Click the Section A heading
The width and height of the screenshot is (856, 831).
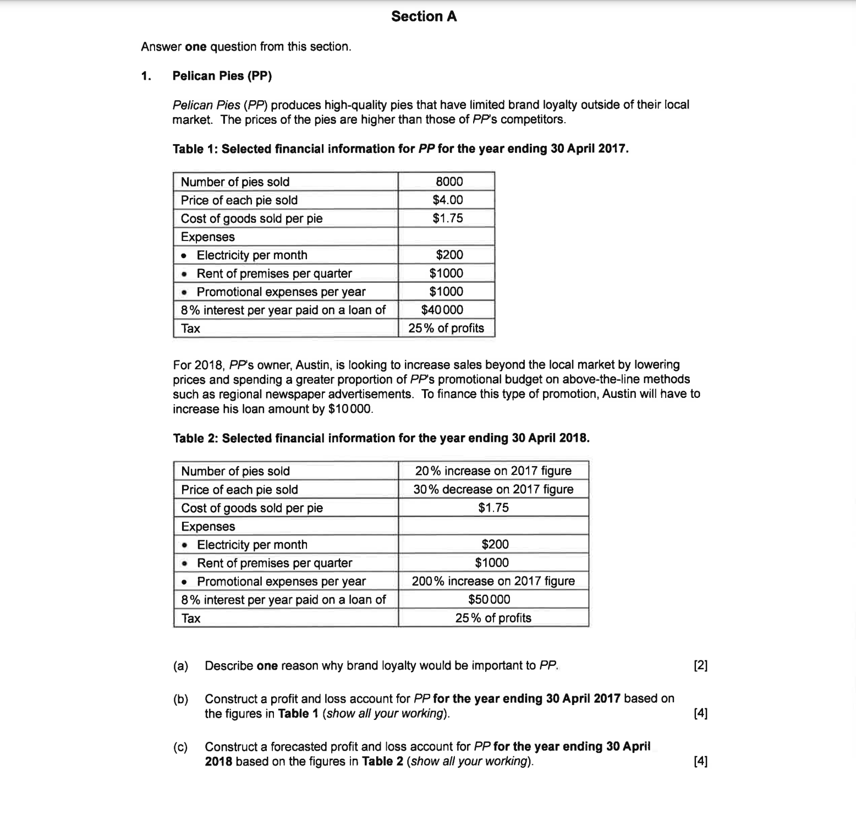coord(424,17)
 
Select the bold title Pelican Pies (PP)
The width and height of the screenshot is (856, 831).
coord(222,76)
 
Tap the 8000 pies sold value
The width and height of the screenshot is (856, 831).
coord(449,182)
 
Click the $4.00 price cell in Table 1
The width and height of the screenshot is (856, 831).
coord(448,200)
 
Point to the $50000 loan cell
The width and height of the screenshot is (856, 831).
coord(489,599)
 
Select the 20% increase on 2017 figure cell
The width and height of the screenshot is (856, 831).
coord(493,471)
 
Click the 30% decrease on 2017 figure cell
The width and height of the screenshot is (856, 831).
coord(493,489)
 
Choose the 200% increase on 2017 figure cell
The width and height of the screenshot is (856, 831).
coord(493,581)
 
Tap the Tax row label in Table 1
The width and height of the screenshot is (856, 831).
coord(191,329)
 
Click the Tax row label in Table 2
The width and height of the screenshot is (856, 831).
coord(191,618)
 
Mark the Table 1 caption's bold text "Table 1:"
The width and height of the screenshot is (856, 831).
coord(195,149)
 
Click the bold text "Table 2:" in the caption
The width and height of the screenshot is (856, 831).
coord(196,439)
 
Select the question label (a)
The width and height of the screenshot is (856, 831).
coord(180,666)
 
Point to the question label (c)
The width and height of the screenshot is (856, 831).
coord(180,747)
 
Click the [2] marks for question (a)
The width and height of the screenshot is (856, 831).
coord(700,666)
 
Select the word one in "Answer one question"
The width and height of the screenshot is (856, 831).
coord(196,47)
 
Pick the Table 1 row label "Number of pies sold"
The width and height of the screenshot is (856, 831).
coord(235,182)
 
